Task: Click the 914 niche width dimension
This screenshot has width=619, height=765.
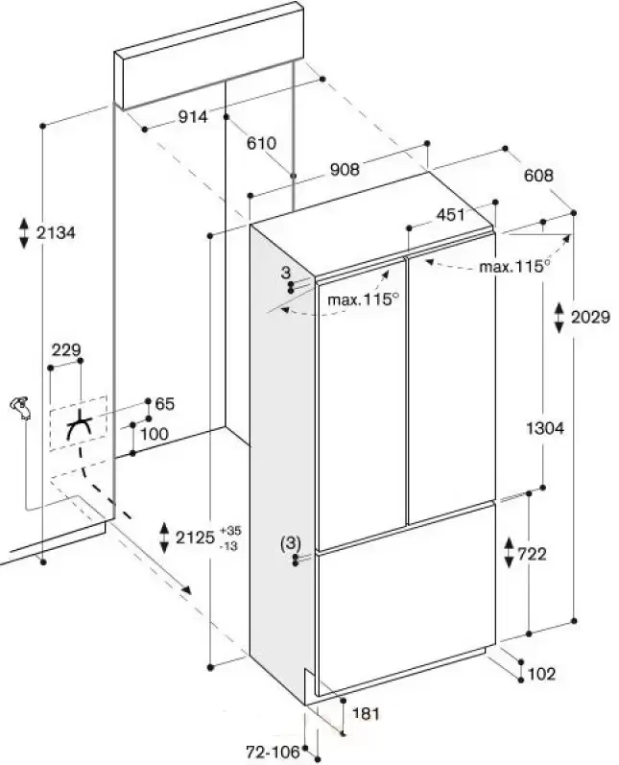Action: click(x=193, y=116)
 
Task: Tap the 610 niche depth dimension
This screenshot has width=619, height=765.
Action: click(x=261, y=143)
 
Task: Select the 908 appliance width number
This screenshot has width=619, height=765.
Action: click(x=345, y=169)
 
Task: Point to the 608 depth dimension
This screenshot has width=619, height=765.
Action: click(x=538, y=175)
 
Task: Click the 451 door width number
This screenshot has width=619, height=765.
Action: click(x=450, y=214)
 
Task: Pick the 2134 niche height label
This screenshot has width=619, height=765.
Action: click(x=56, y=232)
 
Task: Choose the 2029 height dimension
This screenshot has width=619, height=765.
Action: click(x=590, y=317)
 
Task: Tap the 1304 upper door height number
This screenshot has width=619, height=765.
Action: click(x=545, y=428)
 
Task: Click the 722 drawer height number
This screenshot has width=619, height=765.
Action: click(x=532, y=554)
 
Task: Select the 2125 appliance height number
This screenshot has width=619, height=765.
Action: click(x=195, y=538)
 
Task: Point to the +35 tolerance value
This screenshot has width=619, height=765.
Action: click(x=230, y=531)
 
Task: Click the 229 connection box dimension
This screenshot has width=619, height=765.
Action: click(x=66, y=349)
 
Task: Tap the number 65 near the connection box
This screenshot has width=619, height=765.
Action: click(x=164, y=404)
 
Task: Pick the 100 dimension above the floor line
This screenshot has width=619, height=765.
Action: click(x=155, y=434)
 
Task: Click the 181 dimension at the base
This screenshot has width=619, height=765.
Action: click(x=366, y=714)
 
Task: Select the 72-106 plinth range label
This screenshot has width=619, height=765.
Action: click(x=273, y=752)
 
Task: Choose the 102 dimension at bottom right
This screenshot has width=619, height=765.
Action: click(x=542, y=674)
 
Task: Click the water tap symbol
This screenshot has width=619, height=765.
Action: click(x=21, y=407)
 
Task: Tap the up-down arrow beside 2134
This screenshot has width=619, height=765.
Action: click(x=24, y=233)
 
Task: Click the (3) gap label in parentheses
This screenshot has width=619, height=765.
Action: click(x=291, y=542)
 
